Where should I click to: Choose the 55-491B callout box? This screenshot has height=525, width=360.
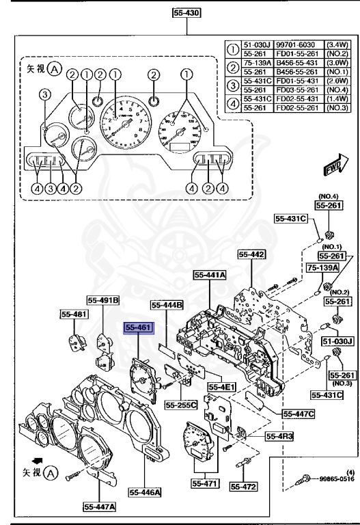pos(103,299)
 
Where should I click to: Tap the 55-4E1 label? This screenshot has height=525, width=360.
pos(221,387)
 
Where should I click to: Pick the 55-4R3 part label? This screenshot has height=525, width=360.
pos(260,435)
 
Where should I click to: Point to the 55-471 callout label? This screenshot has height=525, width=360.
pos(205,483)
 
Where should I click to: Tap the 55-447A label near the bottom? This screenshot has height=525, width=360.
pos(100,507)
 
